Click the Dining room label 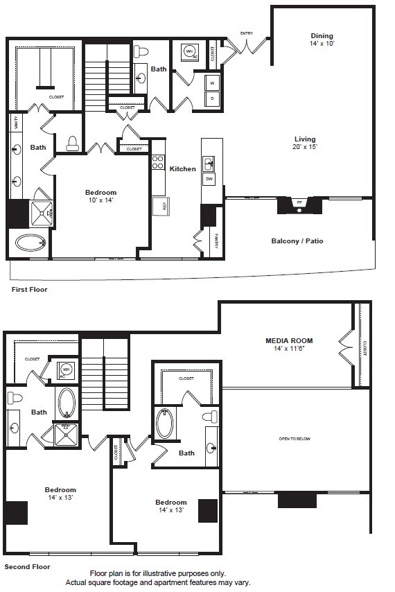tap(322, 36)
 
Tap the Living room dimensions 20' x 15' tap(305, 148)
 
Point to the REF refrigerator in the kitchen tap(157, 205)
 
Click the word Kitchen tap(182, 168)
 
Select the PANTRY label tap(216, 241)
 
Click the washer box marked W tap(212, 83)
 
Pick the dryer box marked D tap(212, 99)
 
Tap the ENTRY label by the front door tap(246, 33)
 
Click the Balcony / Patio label tap(297, 241)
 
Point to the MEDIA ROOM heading tap(289, 340)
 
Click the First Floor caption tap(29, 289)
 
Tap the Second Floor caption tap(27, 566)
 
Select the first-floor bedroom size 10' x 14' tap(100, 200)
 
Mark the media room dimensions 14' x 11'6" tap(289, 349)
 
